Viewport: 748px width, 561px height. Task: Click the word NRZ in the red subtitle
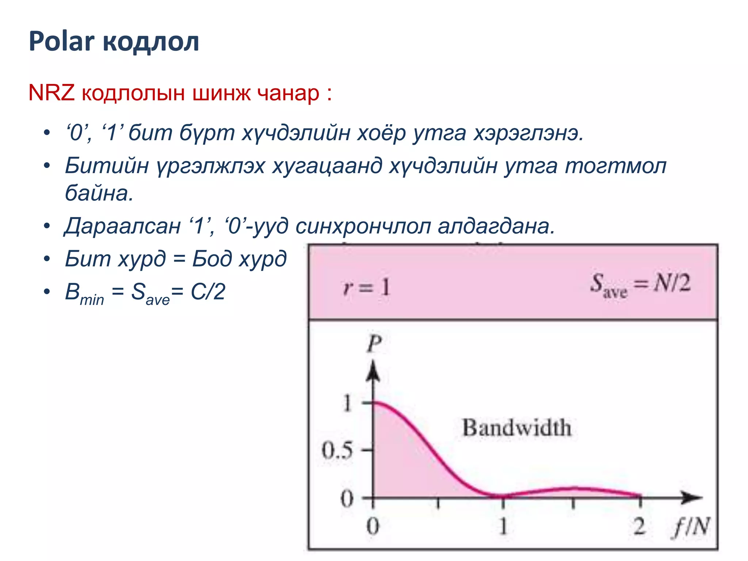pos(51,93)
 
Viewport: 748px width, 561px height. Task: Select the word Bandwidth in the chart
pos(516,428)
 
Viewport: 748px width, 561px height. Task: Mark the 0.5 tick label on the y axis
pos(337,450)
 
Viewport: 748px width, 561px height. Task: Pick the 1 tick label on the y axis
pos(347,403)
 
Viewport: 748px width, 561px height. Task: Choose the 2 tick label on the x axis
pos(639,527)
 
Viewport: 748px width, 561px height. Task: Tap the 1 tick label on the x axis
pos(503,527)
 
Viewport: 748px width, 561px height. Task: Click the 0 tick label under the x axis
pos(373,527)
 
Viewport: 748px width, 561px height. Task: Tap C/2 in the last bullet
pos(208,292)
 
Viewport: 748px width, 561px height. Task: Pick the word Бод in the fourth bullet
pos(212,259)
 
